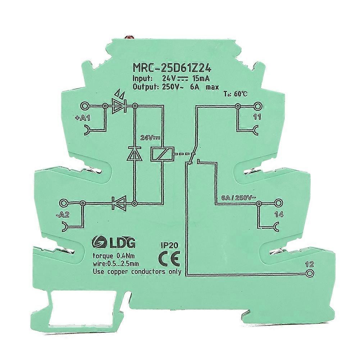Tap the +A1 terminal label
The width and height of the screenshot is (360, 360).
click(x=83, y=118)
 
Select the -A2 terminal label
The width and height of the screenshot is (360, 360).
click(x=63, y=215)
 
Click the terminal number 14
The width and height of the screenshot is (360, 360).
click(x=279, y=214)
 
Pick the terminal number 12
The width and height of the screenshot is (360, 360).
click(x=310, y=264)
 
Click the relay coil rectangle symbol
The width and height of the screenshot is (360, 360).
click(x=162, y=154)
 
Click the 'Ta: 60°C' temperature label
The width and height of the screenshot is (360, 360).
click(x=235, y=94)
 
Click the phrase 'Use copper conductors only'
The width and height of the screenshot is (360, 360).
click(x=137, y=272)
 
